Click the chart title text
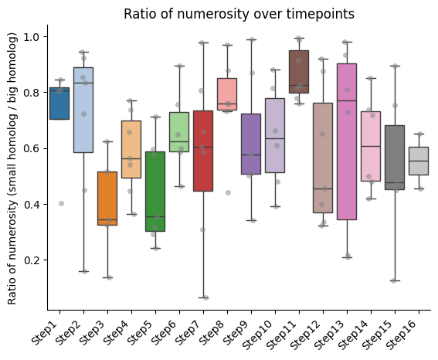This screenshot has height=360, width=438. coord(239,14)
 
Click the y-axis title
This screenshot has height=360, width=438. coord(12,168)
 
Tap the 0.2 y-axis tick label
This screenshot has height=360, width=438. coord(32,260)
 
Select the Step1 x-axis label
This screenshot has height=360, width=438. coord(44,333)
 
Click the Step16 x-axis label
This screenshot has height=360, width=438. coord(401,335)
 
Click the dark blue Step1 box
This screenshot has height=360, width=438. coord(59,104)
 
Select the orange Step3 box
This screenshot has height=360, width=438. coord(107,199)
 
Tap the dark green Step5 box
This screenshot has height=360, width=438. coord(155,192)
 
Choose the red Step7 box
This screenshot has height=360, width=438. coord(203,151)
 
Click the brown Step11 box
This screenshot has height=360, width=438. coord(299,72)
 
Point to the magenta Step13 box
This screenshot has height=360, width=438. coord(347,141)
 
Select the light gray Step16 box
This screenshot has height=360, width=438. coord(419,161)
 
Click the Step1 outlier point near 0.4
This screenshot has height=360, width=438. coord(62,204)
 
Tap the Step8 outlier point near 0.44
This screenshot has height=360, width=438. coord(228,192)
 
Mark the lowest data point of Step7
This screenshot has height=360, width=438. coord(206,297)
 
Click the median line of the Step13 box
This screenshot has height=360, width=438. coord(347,100)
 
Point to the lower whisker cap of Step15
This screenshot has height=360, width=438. coord(395,280)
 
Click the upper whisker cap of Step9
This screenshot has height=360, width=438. coord(251,39)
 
